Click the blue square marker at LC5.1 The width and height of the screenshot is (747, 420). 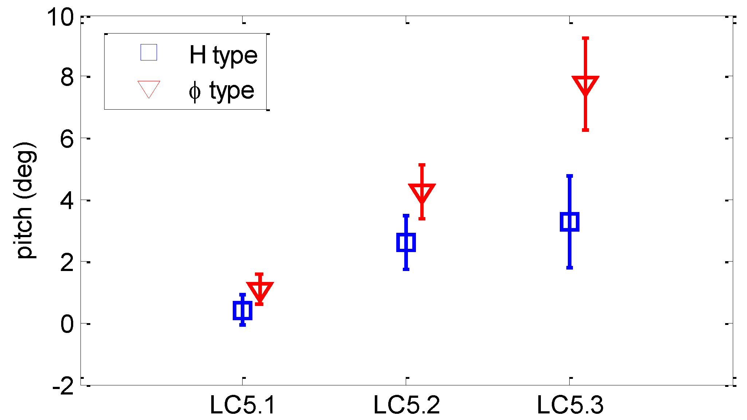(x=242, y=310)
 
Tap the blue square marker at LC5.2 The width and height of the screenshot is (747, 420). (x=406, y=242)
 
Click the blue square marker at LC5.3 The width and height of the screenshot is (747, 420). (x=569, y=221)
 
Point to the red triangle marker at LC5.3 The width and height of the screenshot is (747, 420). (x=585, y=85)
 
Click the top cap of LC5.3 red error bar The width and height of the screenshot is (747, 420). (x=585, y=38)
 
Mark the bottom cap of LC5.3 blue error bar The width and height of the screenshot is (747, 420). (x=569, y=268)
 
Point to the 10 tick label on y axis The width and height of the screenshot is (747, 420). (x=60, y=17)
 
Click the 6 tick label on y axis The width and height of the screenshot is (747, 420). (x=67, y=139)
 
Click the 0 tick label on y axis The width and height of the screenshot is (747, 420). (x=67, y=324)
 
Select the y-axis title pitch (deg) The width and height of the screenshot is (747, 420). (x=25, y=200)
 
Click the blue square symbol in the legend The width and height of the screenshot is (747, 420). (x=149, y=52)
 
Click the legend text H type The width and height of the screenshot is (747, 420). (x=223, y=55)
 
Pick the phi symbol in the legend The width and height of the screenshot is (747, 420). (x=194, y=92)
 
